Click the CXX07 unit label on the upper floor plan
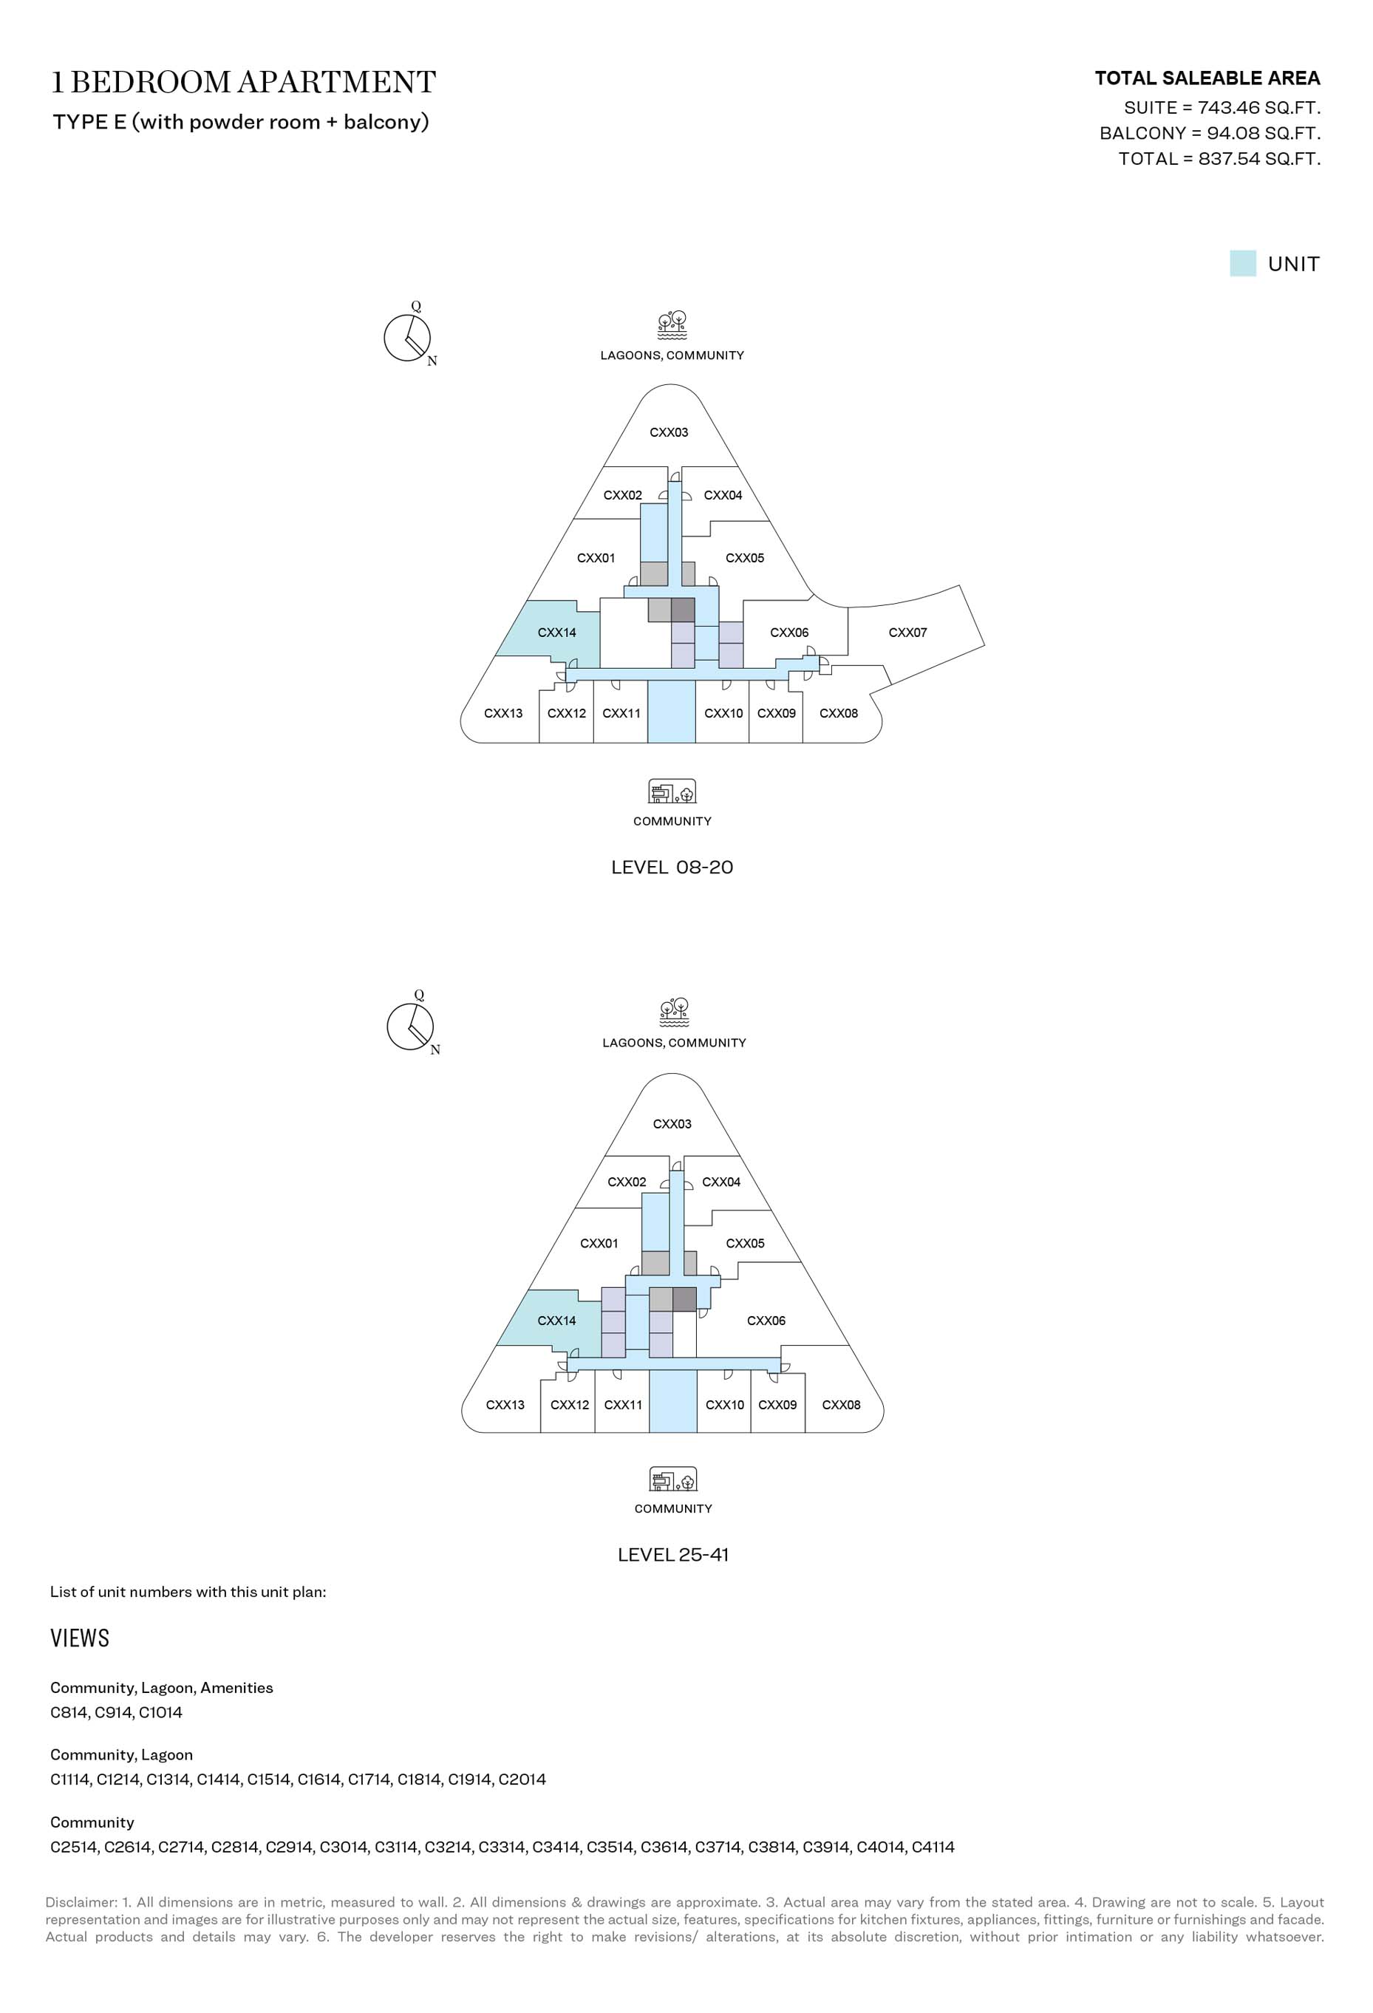[908, 633]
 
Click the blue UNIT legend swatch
[1242, 263]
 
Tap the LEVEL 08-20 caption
[672, 867]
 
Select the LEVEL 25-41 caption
[673, 1555]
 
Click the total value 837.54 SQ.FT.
[1259, 158]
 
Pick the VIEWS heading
[80, 1638]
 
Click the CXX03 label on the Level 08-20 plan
[669, 432]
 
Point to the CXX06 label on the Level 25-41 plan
[766, 1321]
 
